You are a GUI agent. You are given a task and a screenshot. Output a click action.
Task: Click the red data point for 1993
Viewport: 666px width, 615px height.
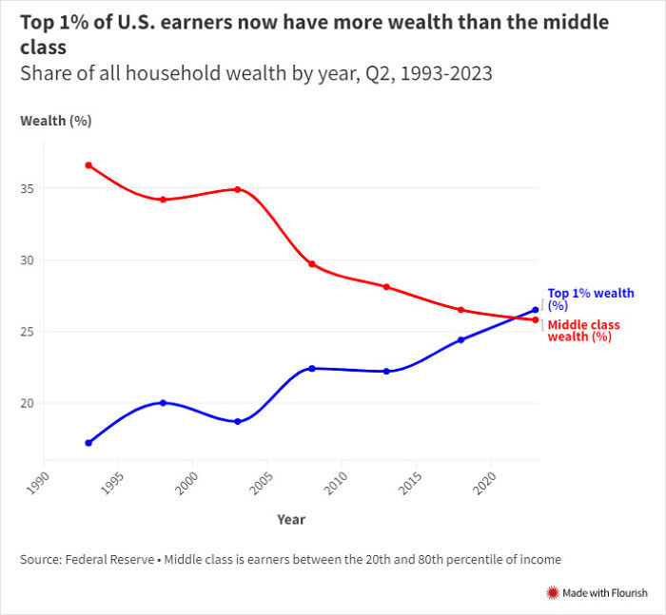(x=88, y=165)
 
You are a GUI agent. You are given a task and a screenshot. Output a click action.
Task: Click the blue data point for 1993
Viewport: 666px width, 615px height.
(x=88, y=443)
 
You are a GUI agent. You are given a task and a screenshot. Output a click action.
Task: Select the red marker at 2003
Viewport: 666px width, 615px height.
(x=237, y=189)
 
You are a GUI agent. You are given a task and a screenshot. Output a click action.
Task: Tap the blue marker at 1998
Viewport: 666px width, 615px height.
(x=163, y=403)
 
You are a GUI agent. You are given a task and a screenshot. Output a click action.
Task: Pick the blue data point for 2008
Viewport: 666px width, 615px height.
(x=312, y=368)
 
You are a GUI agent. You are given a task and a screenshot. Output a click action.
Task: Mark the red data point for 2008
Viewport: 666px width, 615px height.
(x=312, y=263)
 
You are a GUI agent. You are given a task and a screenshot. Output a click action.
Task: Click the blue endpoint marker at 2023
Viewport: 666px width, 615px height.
(x=536, y=310)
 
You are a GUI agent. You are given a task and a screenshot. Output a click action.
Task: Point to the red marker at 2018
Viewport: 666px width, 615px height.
(x=460, y=310)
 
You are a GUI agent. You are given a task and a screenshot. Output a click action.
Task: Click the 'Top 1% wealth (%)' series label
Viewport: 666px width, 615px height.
(x=590, y=299)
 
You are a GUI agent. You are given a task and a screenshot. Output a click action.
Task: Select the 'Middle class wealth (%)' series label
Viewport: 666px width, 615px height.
(x=583, y=331)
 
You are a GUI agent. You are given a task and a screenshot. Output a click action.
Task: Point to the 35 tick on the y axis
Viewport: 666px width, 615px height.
(x=28, y=189)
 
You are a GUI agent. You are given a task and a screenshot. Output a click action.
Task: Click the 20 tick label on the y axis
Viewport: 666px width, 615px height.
(x=28, y=403)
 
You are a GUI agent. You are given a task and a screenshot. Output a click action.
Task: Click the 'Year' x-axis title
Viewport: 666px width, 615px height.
(x=291, y=520)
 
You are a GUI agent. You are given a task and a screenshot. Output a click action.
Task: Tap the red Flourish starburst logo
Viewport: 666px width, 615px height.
(x=551, y=593)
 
